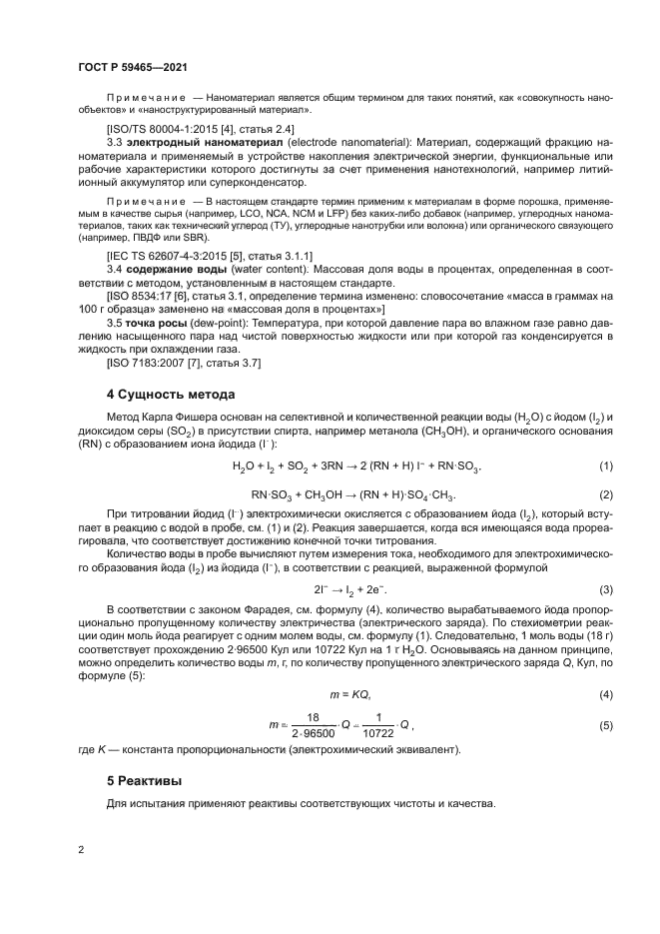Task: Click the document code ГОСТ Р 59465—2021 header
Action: pyautogui.click(x=132, y=65)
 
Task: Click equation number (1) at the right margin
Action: pyautogui.click(x=605, y=467)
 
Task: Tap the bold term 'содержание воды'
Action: pyautogui.click(x=169, y=270)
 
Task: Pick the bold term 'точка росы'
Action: pyautogui.click(x=152, y=325)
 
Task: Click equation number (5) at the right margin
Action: pyautogui.click(x=605, y=725)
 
